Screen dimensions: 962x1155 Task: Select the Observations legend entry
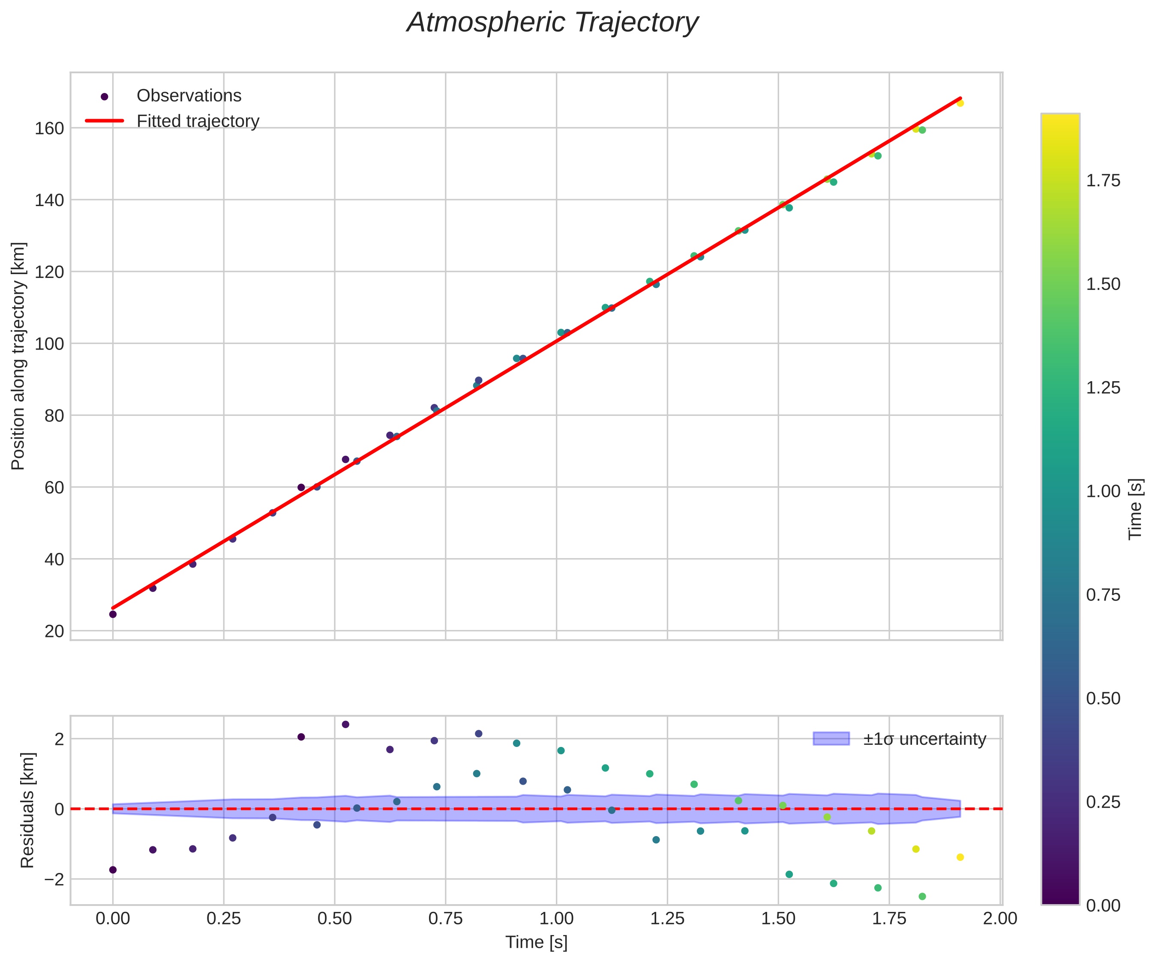pos(189,96)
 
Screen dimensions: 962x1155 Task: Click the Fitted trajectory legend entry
pos(198,121)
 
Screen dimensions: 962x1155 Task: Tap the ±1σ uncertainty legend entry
pos(924,739)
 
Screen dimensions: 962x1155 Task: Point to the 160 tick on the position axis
pos(50,128)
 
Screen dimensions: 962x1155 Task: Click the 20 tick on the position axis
pos(54,631)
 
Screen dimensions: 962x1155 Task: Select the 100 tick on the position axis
pos(50,344)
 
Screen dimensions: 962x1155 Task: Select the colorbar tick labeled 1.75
pos(1103,181)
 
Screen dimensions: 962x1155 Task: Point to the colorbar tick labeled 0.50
pos(1103,698)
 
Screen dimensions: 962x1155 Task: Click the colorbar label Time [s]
pos(1135,509)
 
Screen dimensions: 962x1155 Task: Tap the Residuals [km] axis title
pos(27,810)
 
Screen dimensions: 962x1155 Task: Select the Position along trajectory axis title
pos(18,356)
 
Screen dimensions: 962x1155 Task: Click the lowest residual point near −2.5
pos(922,896)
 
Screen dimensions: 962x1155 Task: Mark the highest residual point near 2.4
pos(345,725)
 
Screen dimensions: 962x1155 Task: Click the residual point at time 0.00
pos(113,869)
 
